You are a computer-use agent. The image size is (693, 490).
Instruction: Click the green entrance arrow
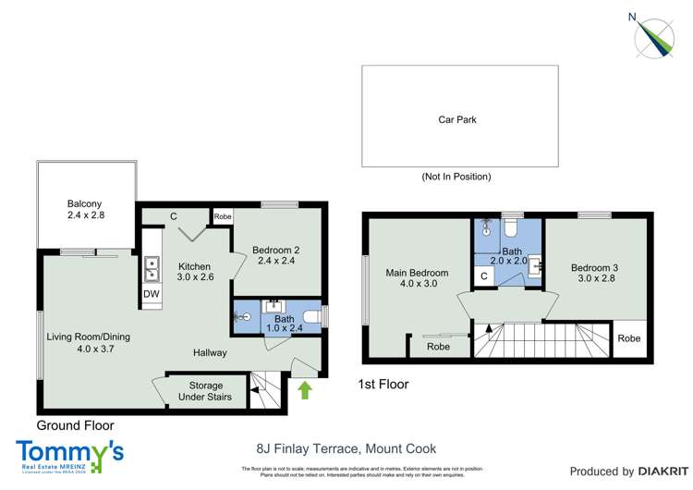point(305,392)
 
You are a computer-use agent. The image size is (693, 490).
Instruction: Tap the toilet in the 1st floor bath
point(510,227)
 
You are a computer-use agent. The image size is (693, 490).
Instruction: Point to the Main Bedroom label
point(418,278)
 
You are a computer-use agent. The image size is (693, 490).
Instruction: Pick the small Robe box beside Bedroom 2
point(223,216)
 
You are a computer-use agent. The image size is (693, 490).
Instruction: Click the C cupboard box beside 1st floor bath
point(483,275)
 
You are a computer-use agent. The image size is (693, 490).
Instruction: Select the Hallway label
point(210,353)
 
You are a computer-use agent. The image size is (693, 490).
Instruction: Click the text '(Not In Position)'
point(456,177)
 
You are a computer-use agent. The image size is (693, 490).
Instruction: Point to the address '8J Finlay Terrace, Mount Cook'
point(346,448)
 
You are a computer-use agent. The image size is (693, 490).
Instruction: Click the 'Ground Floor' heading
point(76,425)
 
